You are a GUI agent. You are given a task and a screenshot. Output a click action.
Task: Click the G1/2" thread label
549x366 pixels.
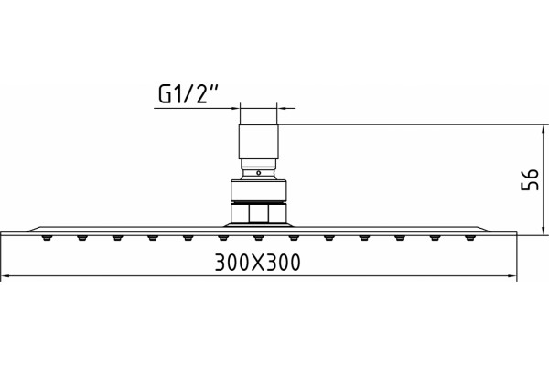click(188, 94)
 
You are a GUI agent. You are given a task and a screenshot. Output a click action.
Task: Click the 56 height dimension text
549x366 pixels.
click(530, 179)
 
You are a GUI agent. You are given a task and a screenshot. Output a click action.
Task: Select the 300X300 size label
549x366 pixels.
click(258, 263)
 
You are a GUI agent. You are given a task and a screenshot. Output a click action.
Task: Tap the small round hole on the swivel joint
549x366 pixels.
click(258, 173)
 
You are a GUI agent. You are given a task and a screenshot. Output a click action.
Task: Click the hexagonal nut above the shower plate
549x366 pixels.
click(259, 213)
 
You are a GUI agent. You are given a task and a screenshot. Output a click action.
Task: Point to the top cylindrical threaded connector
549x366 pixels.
click(259, 142)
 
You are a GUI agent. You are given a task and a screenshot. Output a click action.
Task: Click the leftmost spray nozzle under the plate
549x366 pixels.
click(47, 238)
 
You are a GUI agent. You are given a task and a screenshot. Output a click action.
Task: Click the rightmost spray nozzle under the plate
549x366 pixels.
click(470, 238)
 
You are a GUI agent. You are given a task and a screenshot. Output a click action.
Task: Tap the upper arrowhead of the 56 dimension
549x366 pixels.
click(543, 130)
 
